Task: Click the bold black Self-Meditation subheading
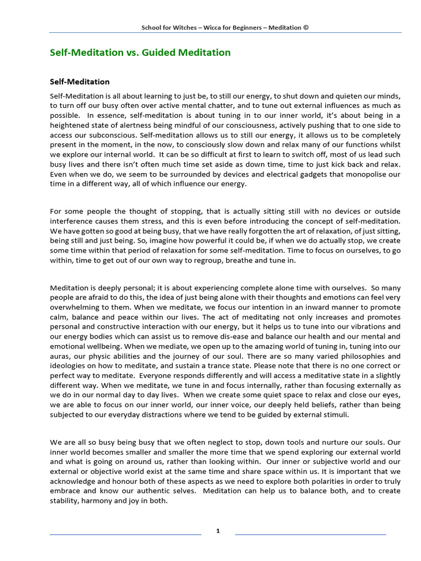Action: (x=80, y=82)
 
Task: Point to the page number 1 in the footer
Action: (x=218, y=531)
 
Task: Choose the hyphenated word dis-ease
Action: (x=256, y=336)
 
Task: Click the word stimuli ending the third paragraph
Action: (x=334, y=415)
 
